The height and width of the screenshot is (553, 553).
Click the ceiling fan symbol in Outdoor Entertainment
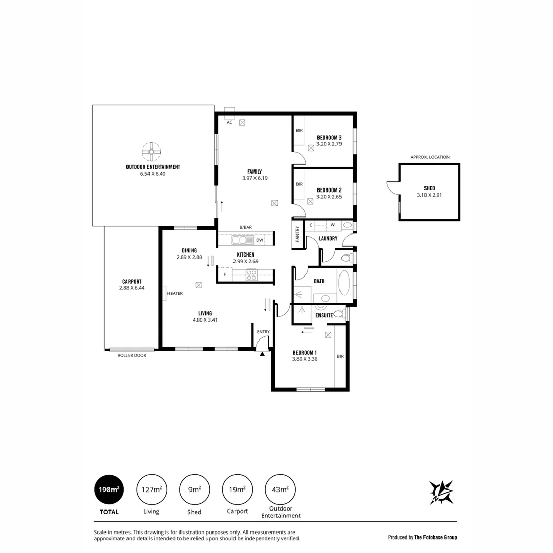(152, 151)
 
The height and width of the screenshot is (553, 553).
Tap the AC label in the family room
(229, 122)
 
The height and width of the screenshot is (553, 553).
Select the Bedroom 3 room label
(329, 137)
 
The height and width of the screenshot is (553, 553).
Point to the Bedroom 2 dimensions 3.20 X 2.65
(329, 196)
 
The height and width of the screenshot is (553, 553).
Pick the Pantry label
(297, 235)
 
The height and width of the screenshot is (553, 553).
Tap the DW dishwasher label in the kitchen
(260, 240)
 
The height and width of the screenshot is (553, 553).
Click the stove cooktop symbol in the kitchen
(251, 275)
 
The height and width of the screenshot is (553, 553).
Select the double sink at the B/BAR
(239, 240)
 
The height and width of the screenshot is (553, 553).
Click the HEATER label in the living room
(175, 293)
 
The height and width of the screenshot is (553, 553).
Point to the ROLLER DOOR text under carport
(132, 355)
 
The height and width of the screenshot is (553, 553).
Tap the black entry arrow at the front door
(263, 353)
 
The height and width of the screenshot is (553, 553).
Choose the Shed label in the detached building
(429, 188)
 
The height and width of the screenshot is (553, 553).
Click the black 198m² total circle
(109, 490)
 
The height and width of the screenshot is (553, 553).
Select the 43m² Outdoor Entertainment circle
(280, 490)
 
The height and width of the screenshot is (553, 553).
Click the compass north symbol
(441, 492)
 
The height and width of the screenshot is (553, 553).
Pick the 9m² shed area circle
(194, 490)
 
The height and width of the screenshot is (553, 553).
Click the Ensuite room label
(325, 315)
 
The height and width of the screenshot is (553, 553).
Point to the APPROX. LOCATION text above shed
(430, 157)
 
